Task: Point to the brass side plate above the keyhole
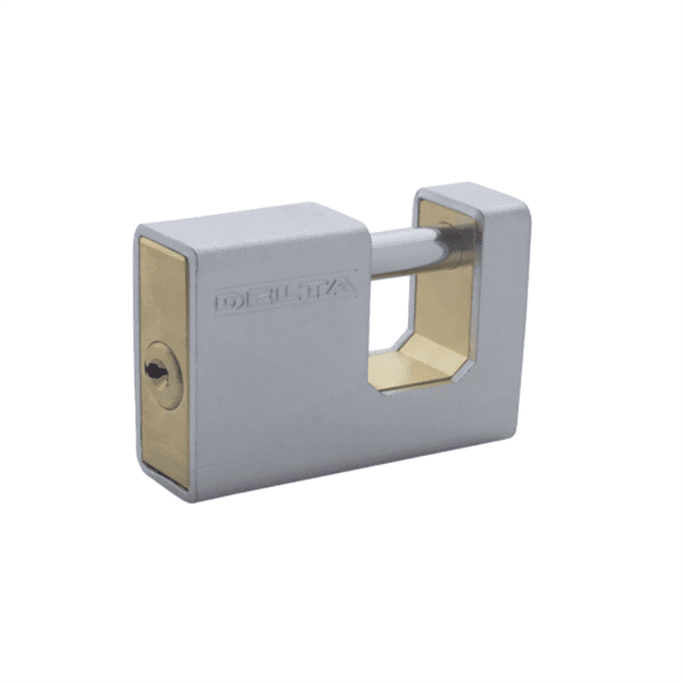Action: (x=162, y=290)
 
